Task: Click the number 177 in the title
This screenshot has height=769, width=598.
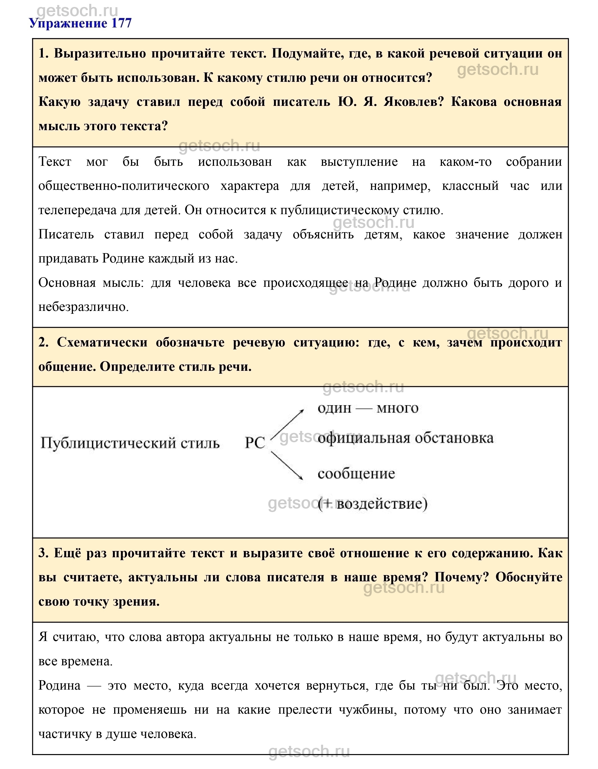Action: (x=121, y=24)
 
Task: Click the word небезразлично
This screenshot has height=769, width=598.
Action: (x=83, y=307)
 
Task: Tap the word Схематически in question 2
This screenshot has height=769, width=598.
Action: (x=102, y=343)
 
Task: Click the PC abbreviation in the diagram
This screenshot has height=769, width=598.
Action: (x=254, y=443)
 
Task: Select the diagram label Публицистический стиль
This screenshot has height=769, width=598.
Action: (x=130, y=443)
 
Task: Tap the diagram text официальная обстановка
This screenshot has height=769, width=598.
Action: (x=405, y=438)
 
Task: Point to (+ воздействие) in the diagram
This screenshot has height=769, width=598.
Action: (x=372, y=504)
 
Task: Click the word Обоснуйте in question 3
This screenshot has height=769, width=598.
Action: (x=529, y=577)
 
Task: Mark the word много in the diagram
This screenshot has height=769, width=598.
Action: (x=397, y=409)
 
